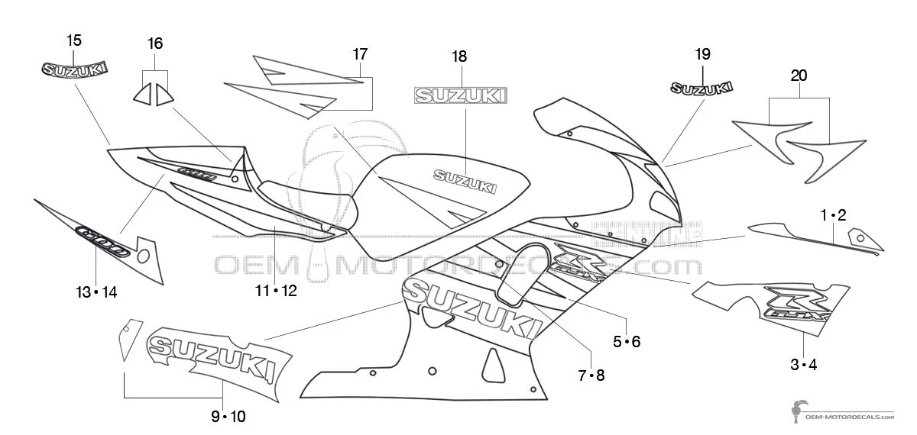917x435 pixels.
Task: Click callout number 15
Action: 74,40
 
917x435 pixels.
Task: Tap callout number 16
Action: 155,43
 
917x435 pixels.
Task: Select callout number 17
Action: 360,54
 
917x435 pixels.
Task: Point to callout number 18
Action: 459,56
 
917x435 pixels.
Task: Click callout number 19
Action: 702,54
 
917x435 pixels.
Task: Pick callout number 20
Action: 799,76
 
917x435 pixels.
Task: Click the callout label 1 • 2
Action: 834,216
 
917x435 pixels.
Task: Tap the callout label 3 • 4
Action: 803,365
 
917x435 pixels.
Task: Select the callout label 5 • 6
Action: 627,342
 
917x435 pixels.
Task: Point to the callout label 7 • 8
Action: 591,375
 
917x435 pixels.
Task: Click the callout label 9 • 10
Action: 228,417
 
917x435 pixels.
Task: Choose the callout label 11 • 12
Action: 276,291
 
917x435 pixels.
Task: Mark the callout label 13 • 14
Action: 96,292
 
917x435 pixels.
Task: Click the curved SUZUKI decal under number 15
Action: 74,69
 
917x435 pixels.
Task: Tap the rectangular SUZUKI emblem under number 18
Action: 459,95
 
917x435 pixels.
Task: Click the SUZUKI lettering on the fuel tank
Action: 465,181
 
